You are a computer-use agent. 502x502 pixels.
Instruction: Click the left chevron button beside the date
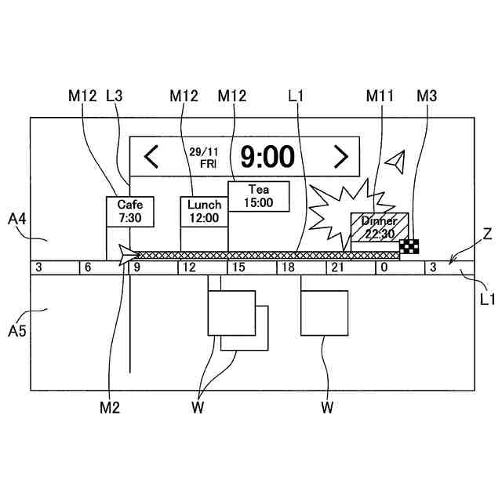click(x=151, y=157)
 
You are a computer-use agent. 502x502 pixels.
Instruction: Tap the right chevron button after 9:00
click(x=340, y=157)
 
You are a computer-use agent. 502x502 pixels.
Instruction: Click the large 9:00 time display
click(x=267, y=157)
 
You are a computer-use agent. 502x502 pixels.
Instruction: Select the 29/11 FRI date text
click(x=202, y=157)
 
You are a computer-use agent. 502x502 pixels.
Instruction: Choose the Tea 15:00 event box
click(x=259, y=196)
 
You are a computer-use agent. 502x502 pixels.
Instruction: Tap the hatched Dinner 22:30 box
click(x=380, y=227)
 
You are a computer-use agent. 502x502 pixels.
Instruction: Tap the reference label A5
click(x=17, y=331)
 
